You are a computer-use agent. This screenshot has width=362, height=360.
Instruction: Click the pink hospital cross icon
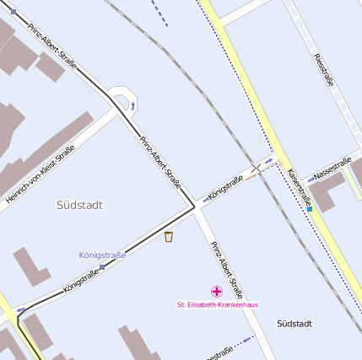pos(216,291)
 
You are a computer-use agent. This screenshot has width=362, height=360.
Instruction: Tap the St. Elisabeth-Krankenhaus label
pos(217,304)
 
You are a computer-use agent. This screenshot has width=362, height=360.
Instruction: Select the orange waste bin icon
pos(169,237)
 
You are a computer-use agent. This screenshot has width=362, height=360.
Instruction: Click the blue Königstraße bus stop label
pos(102,255)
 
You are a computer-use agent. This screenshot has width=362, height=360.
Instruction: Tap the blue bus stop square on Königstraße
pos(102,266)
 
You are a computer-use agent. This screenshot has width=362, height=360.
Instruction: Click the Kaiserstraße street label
pos(300,188)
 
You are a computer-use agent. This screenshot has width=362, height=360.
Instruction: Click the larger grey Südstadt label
pos(79,205)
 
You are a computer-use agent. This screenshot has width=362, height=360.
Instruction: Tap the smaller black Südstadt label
pos(294,324)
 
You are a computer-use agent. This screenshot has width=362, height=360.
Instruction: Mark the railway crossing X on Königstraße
pos(256,168)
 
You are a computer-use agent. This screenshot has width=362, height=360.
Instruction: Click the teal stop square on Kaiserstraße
pos(310,208)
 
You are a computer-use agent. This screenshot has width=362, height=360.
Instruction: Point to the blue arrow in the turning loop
pos(132,105)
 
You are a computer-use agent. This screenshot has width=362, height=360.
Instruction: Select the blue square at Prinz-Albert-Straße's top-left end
pos(13,12)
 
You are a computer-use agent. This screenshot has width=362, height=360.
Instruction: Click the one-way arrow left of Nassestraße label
pos(310,180)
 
